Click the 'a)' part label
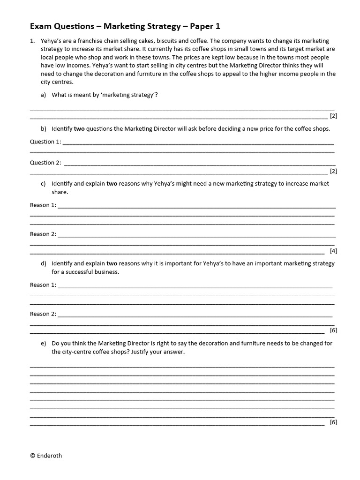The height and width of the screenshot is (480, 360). point(44,95)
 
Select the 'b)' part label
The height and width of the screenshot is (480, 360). point(44,128)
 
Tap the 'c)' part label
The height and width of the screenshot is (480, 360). point(44,184)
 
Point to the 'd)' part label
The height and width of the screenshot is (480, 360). point(44,263)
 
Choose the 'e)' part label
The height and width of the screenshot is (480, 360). point(44,343)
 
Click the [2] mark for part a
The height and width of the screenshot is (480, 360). point(333,116)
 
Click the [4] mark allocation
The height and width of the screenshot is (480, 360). point(333,251)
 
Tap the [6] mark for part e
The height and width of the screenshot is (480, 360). point(333,422)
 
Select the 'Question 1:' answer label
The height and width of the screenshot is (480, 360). point(45,142)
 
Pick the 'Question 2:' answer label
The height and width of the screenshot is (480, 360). point(45,163)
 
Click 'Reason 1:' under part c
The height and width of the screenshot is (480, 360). point(43,205)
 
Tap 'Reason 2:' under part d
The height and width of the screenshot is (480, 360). point(43,314)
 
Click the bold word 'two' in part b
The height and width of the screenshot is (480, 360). point(80,128)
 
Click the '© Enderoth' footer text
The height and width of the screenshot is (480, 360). point(45,455)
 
